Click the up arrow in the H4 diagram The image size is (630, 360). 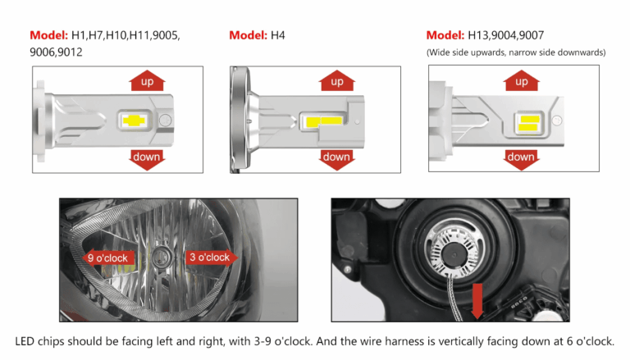(x=336, y=82)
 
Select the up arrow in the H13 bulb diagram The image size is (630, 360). (x=521, y=82)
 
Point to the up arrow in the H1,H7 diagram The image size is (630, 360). (x=147, y=82)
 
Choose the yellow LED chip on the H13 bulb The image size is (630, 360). (x=527, y=122)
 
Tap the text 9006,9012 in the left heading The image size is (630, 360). (x=57, y=52)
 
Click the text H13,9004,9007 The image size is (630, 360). (x=506, y=35)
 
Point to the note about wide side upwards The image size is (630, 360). (x=516, y=52)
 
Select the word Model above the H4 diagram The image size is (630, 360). (x=247, y=35)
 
